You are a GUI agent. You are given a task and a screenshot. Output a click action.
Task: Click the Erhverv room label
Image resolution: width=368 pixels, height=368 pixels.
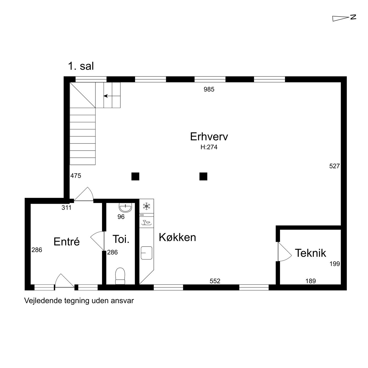pyautogui.click(x=209, y=136)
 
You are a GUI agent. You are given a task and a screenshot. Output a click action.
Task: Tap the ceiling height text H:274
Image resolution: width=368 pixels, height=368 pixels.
pyautogui.click(x=209, y=147)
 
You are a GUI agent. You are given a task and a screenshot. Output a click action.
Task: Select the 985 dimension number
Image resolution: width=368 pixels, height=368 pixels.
pyautogui.click(x=209, y=89)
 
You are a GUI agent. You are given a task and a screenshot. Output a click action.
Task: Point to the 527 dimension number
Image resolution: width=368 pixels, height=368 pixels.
pyautogui.click(x=334, y=166)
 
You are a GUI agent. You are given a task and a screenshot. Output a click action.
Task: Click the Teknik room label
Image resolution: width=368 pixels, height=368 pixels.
pyautogui.click(x=310, y=253)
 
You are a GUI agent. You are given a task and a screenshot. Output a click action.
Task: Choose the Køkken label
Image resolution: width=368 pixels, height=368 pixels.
pyautogui.click(x=177, y=237)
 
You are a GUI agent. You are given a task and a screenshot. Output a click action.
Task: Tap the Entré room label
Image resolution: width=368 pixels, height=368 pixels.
pyautogui.click(x=67, y=241)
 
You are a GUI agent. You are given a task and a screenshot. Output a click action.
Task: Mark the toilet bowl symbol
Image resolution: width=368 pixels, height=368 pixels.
pyautogui.click(x=120, y=276)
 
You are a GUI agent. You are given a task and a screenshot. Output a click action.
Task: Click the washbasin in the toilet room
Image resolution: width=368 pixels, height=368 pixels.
pyautogui.click(x=125, y=208)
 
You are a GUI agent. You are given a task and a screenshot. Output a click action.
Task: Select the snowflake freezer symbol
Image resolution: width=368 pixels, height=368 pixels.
pyautogui.click(x=146, y=206)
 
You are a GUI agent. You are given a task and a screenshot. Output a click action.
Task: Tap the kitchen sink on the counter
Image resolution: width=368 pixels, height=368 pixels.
pyautogui.click(x=146, y=253)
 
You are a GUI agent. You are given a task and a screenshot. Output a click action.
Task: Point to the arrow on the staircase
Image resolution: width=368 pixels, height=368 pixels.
pyautogui.click(x=112, y=96)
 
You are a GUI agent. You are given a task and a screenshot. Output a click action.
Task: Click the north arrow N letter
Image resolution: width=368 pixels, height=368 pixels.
pyautogui.click(x=353, y=17)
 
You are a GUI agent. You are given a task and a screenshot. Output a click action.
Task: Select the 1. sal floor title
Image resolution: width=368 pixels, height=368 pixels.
pyautogui.click(x=81, y=66)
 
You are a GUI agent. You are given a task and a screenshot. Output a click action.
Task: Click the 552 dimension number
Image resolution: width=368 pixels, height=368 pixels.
pyautogui.click(x=215, y=281)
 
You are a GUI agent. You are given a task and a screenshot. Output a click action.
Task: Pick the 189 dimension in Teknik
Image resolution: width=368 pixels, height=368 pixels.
pyautogui.click(x=310, y=281)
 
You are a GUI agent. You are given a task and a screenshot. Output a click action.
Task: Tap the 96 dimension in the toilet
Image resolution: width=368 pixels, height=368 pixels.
pyautogui.click(x=121, y=217)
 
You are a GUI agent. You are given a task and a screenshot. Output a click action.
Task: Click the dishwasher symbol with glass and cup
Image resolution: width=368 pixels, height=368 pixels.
pyautogui.click(x=146, y=222)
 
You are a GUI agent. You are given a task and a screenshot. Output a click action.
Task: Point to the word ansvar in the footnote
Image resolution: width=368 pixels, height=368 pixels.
pyautogui.click(x=124, y=301)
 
